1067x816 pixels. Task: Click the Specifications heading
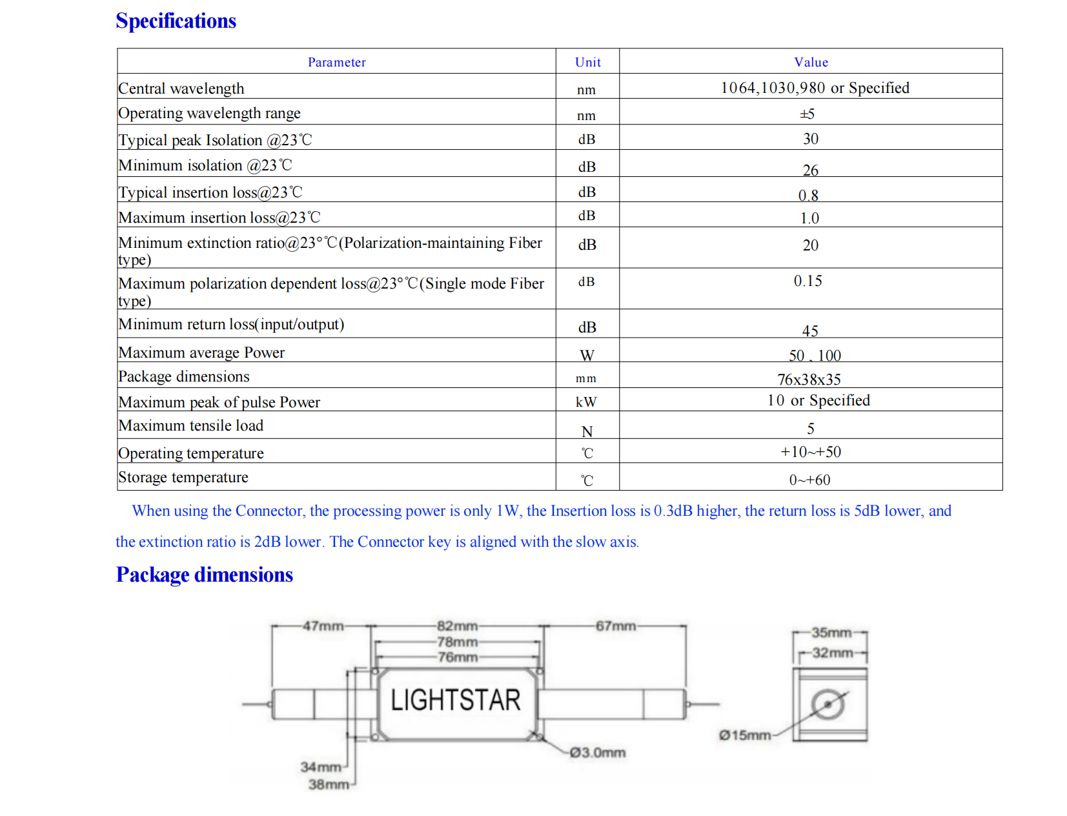(176, 21)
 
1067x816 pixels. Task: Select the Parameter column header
(336, 63)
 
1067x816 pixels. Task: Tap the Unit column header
(587, 63)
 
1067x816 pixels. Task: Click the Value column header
(811, 63)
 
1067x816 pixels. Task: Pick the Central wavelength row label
(181, 88)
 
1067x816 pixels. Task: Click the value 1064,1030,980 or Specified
(815, 88)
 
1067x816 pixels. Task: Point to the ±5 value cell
(807, 114)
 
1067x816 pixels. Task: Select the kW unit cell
(586, 402)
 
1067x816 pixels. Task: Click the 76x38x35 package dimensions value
(809, 380)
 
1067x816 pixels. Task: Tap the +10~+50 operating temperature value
(811, 452)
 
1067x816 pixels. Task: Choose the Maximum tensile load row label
(191, 426)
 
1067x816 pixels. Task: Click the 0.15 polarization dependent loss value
(808, 281)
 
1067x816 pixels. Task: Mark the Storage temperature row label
(183, 478)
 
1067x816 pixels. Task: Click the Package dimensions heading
(204, 575)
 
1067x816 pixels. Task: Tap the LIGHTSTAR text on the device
(456, 700)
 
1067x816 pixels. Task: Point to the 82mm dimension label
(457, 626)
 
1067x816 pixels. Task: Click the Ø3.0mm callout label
(597, 753)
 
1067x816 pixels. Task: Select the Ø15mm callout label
(745, 735)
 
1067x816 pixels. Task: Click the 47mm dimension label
(323, 626)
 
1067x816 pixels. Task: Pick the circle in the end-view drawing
(828, 705)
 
